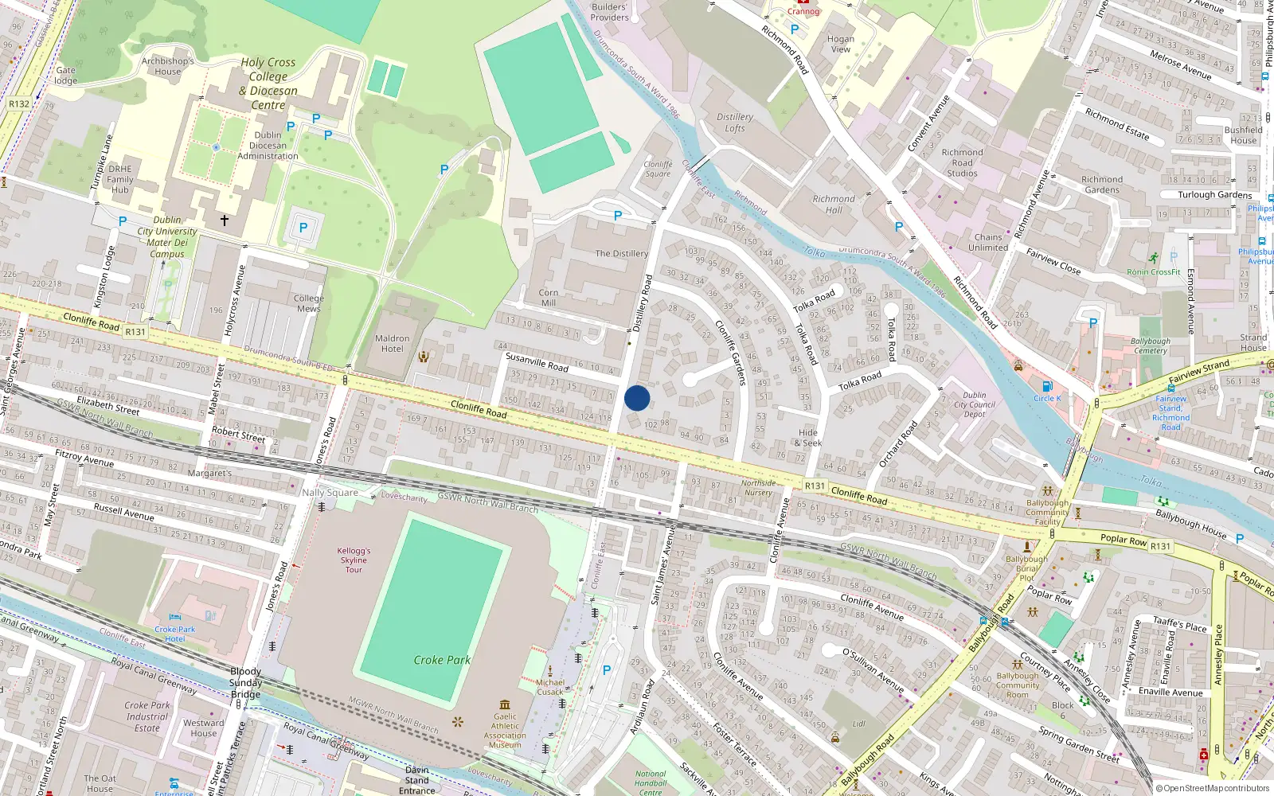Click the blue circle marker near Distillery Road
[x=637, y=398]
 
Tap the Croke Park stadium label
[x=442, y=660]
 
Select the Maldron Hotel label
[x=392, y=344]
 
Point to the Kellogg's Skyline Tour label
[x=354, y=560]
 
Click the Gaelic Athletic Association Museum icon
[x=505, y=704]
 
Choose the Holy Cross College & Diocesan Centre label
[x=268, y=84]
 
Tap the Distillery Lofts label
[x=734, y=123]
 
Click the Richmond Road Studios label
[x=962, y=162]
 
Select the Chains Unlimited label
[x=988, y=242]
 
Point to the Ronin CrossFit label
[x=1154, y=272]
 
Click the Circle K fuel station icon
[x=1047, y=387]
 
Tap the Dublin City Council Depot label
[x=975, y=404]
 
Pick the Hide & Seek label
[x=807, y=438]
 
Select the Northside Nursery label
[x=758, y=488]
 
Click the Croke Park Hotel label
[x=175, y=634]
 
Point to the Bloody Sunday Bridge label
[x=245, y=683]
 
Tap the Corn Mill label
[x=548, y=298]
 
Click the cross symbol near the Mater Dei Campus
[x=225, y=220]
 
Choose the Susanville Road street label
[x=537, y=362]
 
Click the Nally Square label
[x=330, y=493]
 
